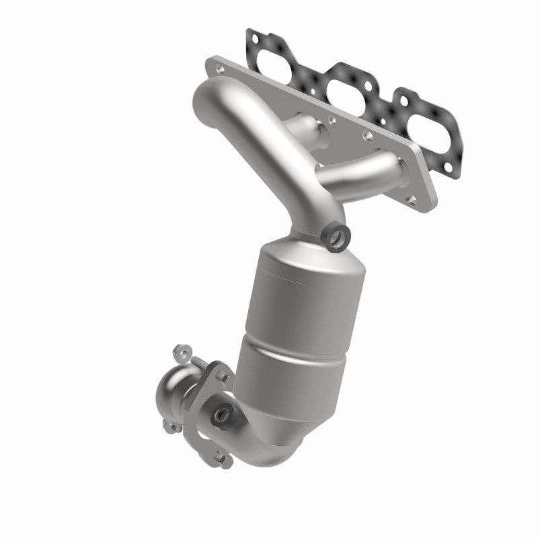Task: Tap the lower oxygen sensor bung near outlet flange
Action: [221, 414]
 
